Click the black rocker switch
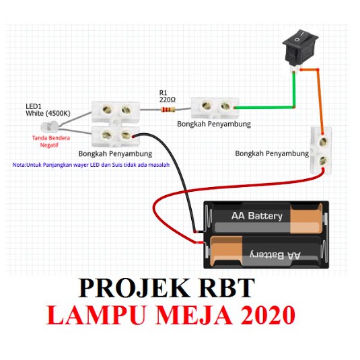300,49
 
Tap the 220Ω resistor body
168,110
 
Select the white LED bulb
49,127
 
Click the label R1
163,93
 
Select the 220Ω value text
168,100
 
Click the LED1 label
33,106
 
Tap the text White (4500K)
48,113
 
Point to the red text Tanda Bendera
51,138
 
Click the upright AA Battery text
257,216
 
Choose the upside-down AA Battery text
275,255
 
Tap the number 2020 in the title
268,314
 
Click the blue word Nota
19,165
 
